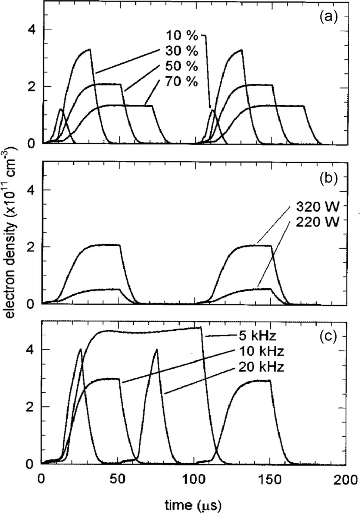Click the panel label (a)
tap(328, 17)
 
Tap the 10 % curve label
tap(182, 36)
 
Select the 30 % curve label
tap(182, 51)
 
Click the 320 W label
tap(317, 206)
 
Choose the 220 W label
tap(317, 222)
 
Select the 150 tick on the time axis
tap(270, 480)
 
